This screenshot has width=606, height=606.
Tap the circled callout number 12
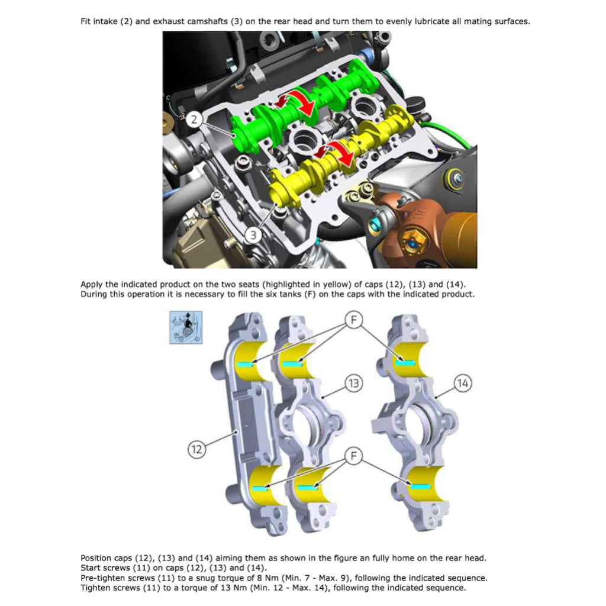196,449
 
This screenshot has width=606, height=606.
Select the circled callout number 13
353,383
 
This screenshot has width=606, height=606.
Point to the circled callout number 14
463,383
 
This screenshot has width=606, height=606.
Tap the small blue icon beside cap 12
186,327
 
